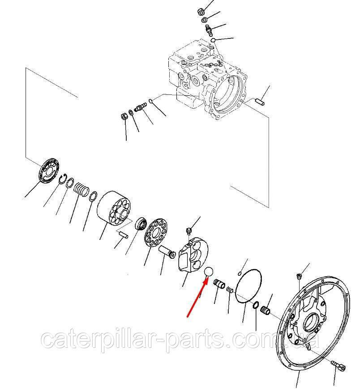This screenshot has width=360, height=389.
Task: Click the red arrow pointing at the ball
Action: click(197, 298)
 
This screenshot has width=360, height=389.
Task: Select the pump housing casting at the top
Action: click(207, 82)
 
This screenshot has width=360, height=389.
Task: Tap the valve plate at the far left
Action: click(49, 171)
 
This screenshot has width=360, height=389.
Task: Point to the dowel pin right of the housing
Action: click(260, 101)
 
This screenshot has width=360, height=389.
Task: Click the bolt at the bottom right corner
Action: click(339, 366)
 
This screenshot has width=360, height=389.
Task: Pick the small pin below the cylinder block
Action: click(123, 235)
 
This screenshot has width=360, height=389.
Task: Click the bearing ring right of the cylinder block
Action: click(141, 223)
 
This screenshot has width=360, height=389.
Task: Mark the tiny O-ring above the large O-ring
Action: click(240, 274)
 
